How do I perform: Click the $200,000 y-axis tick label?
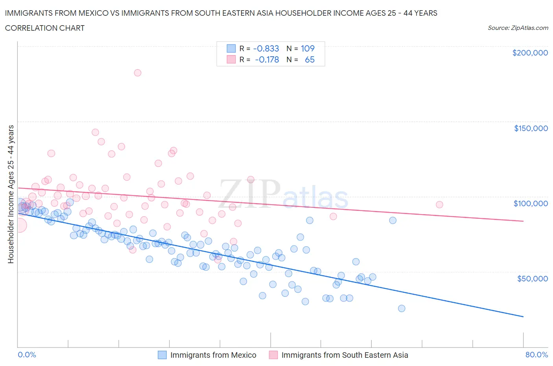click(530, 53)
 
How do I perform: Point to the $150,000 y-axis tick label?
click(531, 128)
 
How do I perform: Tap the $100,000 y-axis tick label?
click(531, 203)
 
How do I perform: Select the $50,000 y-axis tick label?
click(532, 279)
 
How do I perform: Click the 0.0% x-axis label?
click(27, 355)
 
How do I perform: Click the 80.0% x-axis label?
click(536, 355)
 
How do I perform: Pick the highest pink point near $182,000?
click(137, 73)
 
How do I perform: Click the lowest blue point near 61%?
click(402, 309)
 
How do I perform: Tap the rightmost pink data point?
click(439, 205)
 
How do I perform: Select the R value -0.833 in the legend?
click(266, 48)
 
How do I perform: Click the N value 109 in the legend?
click(308, 48)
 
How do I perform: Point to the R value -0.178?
click(267, 60)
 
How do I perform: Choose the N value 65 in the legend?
click(310, 60)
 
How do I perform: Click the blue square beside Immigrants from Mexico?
click(162, 355)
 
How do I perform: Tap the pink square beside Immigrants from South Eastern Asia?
click(273, 355)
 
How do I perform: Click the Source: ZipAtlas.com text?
click(518, 28)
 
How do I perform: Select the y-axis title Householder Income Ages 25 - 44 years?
click(11, 194)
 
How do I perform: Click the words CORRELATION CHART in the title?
click(45, 28)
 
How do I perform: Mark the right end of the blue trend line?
click(523, 316)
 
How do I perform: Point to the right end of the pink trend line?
click(523, 221)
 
